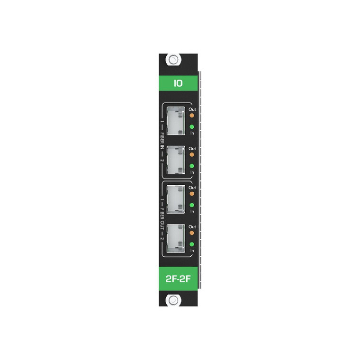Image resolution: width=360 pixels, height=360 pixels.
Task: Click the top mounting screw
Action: (174, 60)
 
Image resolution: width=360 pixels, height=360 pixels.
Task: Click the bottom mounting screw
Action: (174, 300)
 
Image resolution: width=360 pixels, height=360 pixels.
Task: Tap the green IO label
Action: (178, 83)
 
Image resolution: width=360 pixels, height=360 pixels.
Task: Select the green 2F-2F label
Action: (178, 277)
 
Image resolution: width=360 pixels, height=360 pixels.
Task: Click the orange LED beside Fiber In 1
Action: (192, 115)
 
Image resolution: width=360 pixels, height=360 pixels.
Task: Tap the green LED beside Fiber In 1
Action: (192, 127)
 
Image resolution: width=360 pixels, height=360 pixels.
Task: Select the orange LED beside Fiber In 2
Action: (192, 154)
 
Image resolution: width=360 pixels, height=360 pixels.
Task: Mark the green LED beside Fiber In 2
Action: (192, 166)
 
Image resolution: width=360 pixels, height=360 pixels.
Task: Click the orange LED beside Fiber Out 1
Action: (192, 193)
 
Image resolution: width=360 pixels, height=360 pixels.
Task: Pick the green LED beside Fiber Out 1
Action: (192, 205)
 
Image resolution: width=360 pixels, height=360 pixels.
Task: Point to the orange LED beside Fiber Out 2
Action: (192, 233)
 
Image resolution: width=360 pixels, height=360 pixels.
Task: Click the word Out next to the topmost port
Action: (192, 109)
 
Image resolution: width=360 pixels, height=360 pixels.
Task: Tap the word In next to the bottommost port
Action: (192, 251)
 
